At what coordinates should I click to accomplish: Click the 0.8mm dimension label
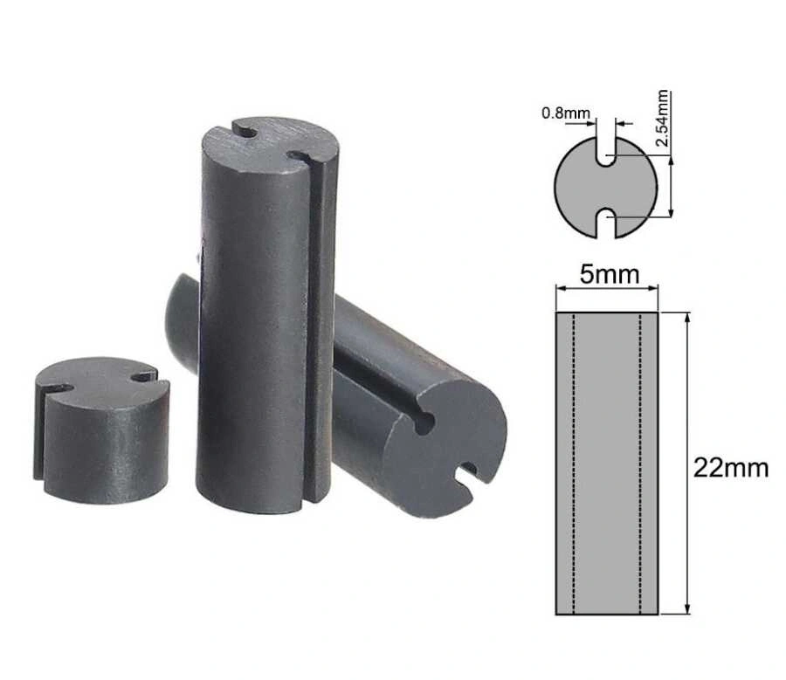[x=566, y=113]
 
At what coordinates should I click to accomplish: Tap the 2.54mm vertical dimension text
[x=663, y=118]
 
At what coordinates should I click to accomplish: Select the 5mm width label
[x=610, y=275]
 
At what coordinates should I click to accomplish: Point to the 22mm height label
[x=731, y=468]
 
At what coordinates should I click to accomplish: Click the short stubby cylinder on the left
[x=100, y=430]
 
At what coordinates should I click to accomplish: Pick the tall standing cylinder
[x=265, y=316]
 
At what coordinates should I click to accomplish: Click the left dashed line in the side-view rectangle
[x=574, y=463]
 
